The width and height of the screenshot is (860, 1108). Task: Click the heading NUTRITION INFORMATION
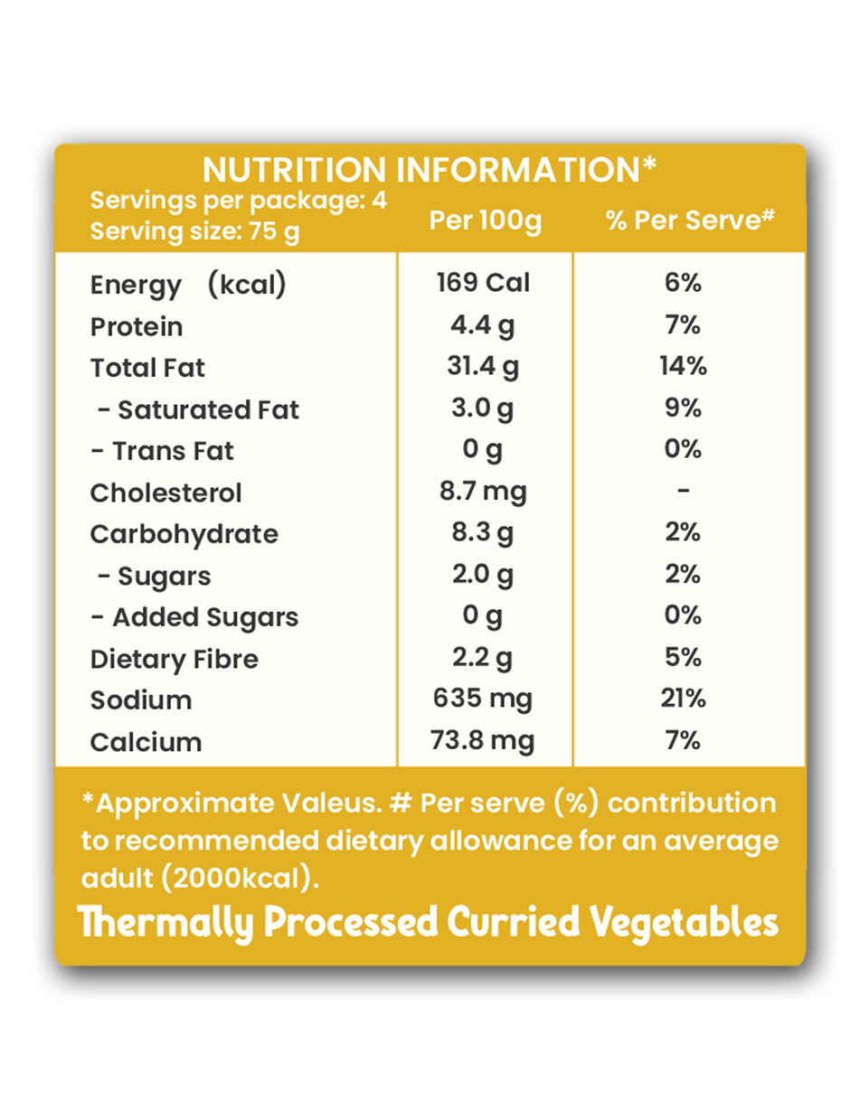point(429,170)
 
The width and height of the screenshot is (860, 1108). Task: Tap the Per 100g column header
point(485,221)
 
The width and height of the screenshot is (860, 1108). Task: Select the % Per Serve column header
point(690,221)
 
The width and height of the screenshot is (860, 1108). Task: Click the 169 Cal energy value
point(483,283)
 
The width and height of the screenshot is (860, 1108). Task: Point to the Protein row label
point(137,326)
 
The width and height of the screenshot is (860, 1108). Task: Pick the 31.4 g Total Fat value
point(483,367)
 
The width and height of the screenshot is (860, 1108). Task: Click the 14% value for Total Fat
point(683,367)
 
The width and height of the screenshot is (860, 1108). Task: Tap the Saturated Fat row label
point(198,409)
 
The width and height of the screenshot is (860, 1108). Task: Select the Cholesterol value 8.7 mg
point(483,492)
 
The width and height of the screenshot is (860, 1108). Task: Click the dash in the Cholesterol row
point(684,492)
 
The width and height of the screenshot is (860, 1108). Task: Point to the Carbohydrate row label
point(184,534)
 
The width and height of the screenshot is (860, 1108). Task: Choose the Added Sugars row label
point(194,617)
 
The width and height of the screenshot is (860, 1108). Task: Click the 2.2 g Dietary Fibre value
point(483,658)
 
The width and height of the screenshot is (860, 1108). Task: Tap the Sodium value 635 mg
point(483,699)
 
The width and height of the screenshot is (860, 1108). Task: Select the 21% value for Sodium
point(683,699)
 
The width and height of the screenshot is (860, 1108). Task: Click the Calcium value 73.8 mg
point(483,741)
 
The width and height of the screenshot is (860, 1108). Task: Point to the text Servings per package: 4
point(239,201)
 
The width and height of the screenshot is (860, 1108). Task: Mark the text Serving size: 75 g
point(194,231)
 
